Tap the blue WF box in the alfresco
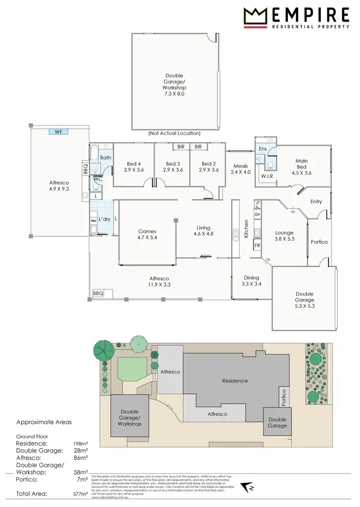pyautogui.click(x=59, y=131)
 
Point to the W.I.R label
pyautogui.click(x=267, y=176)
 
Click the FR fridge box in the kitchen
pyautogui.click(x=257, y=245)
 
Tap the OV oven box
pyautogui.click(x=257, y=214)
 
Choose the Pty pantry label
pyautogui.click(x=257, y=203)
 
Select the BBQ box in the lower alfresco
pyautogui.click(x=98, y=293)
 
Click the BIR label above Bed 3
pyautogui.click(x=181, y=146)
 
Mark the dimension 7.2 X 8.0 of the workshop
pyautogui.click(x=175, y=94)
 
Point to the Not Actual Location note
pyautogui.click(x=174, y=133)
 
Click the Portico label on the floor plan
pyautogui.click(x=319, y=242)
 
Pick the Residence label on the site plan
pyautogui.click(x=235, y=381)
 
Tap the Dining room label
pyautogui.click(x=251, y=278)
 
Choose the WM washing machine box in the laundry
pyautogui.click(x=94, y=220)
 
